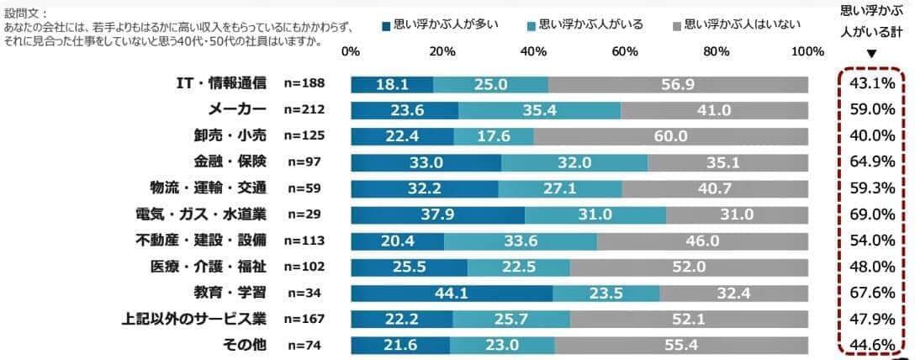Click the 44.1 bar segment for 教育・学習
(452, 293)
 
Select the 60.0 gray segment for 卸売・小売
(670, 136)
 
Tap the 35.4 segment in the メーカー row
(539, 110)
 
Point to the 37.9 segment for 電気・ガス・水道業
(437, 214)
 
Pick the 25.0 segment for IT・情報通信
(490, 84)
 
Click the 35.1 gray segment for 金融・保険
(727, 162)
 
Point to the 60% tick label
(625, 51)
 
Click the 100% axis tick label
(808, 51)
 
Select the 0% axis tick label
(351, 51)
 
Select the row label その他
(244, 345)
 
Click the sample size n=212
(304, 110)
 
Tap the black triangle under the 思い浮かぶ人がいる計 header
(871, 55)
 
